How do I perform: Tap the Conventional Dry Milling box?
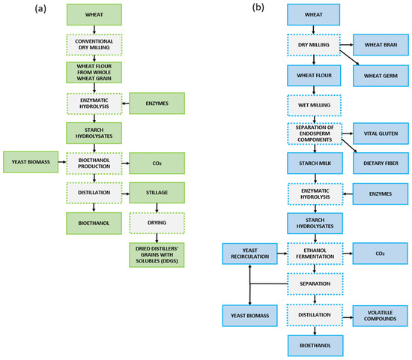coord(93,44)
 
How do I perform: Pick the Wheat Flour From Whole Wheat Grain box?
coord(93,75)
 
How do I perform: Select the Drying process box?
coord(157,222)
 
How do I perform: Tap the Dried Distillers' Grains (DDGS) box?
coord(157,254)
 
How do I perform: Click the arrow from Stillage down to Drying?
coord(157,207)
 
